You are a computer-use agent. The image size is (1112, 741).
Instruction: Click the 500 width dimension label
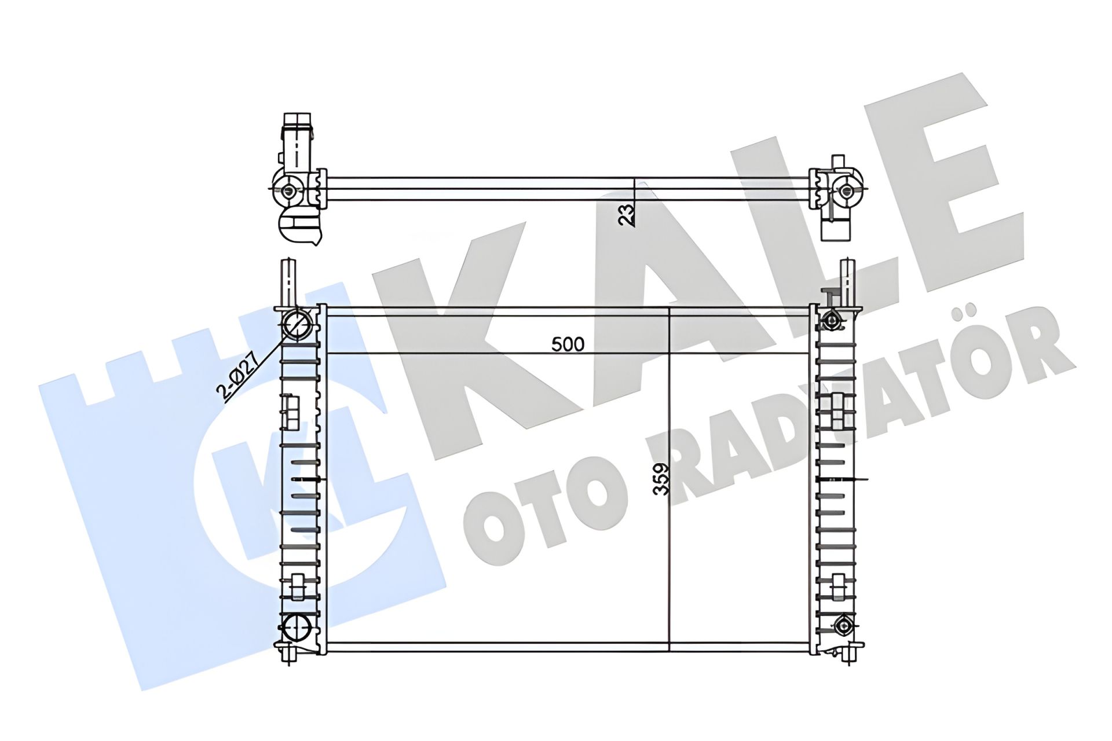coord(568,344)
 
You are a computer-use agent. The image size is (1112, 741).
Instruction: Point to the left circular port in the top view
coord(288,189)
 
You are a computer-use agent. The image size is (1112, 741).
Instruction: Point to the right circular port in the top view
coord(846,190)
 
